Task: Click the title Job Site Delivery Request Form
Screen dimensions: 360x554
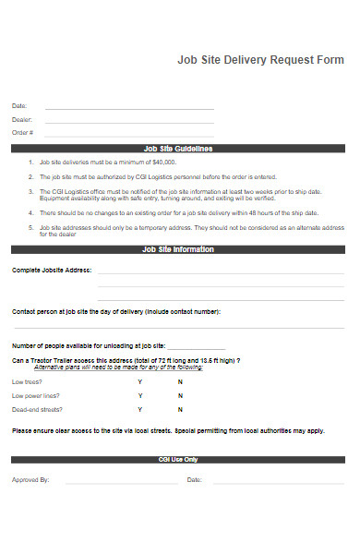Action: pos(260,60)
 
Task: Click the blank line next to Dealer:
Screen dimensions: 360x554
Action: pos(129,121)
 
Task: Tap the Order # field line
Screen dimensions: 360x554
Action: pos(129,134)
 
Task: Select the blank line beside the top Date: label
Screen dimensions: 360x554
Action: pos(129,108)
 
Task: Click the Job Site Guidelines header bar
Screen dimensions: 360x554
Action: pos(178,148)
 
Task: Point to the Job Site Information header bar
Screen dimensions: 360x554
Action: pos(178,249)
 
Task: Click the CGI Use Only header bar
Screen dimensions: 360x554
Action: pos(178,459)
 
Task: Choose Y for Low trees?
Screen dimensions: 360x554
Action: pos(140,381)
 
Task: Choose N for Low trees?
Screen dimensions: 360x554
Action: pos(180,381)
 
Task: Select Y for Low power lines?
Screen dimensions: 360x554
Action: pos(140,395)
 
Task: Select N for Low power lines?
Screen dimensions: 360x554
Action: pos(180,395)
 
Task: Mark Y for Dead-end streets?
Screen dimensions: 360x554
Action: pos(140,408)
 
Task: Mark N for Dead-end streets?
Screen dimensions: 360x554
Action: pos(180,408)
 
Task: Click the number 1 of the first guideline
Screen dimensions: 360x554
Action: pos(30,161)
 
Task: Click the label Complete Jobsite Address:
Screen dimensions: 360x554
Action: pos(52,271)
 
